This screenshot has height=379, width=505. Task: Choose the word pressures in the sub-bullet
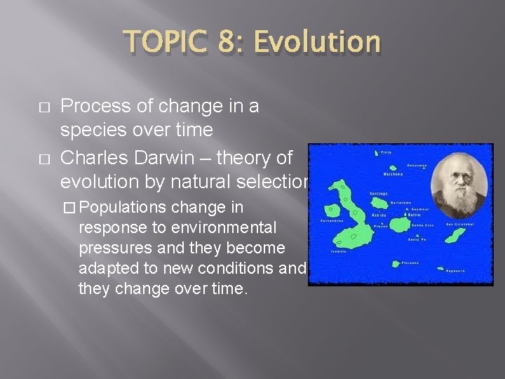116,248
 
